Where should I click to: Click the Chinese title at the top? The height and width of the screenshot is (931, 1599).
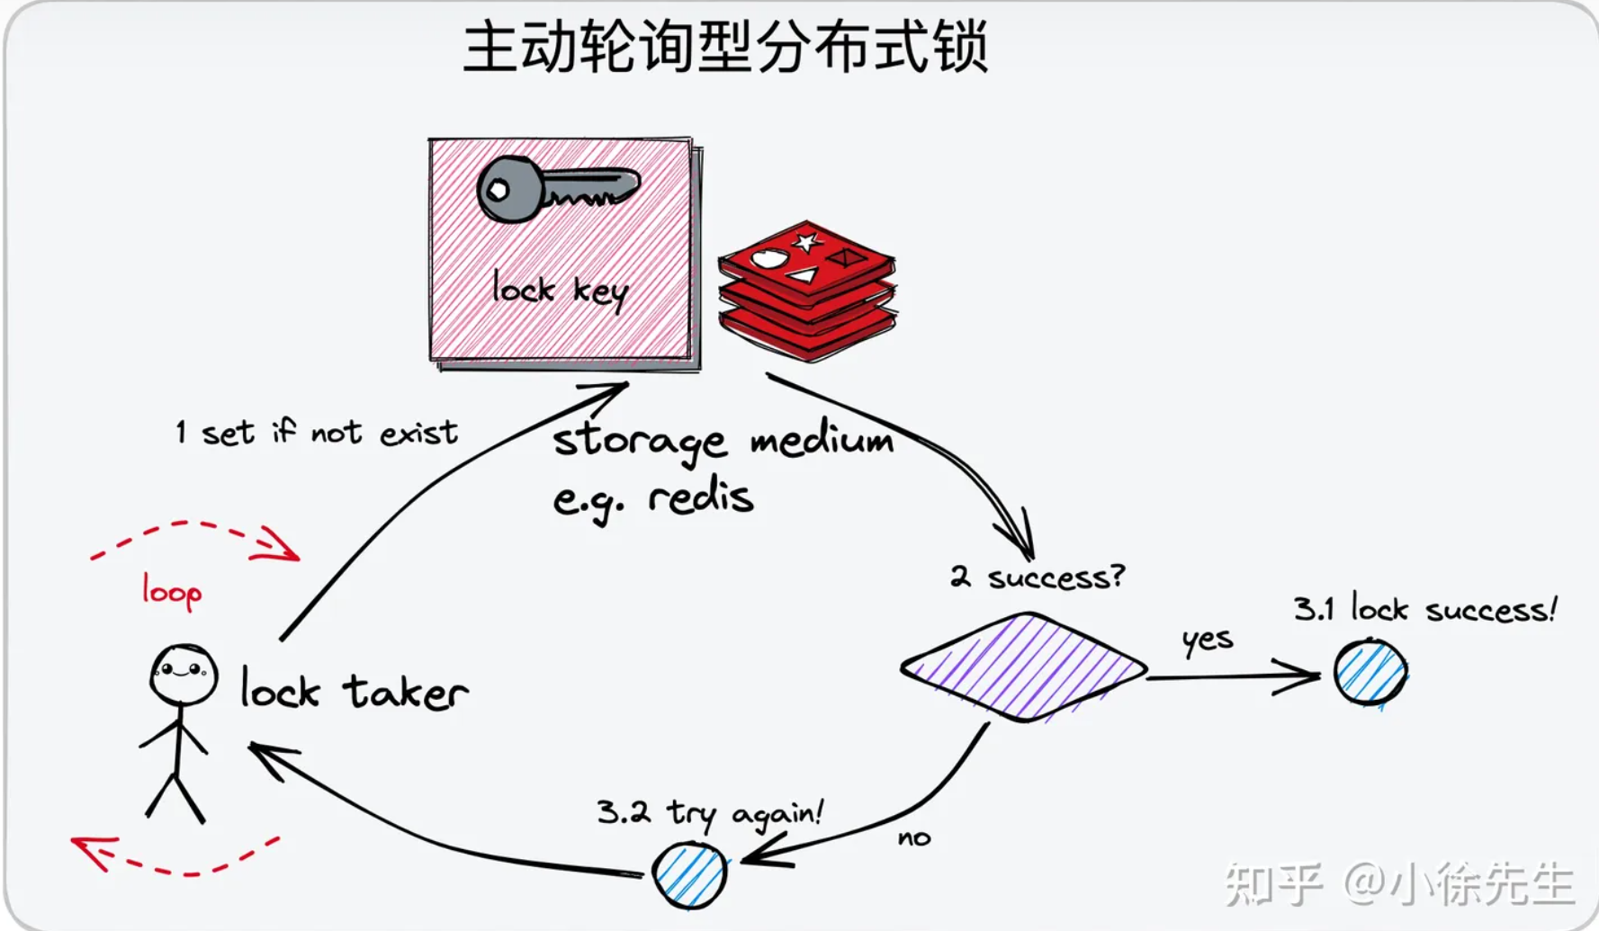[x=725, y=47]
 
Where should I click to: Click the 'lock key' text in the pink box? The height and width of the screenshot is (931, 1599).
[x=560, y=290]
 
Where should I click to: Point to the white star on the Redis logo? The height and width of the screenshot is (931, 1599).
[x=806, y=241]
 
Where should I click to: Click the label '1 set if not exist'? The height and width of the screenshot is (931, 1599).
[x=317, y=433]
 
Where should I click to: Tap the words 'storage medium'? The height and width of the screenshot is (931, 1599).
[x=723, y=441]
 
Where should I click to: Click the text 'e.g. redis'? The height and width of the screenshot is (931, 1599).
[x=652, y=497]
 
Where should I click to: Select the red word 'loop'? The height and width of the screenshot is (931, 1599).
[x=171, y=591]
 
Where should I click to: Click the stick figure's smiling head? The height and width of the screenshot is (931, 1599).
[x=184, y=674]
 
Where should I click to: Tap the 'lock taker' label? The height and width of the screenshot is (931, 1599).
[x=354, y=691]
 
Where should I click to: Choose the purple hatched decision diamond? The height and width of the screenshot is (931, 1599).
[x=1023, y=667]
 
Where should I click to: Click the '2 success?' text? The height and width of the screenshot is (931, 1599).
[x=1037, y=576]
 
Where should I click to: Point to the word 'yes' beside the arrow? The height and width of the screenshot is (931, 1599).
[x=1207, y=639]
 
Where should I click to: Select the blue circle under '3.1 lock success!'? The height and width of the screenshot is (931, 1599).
[x=1370, y=672]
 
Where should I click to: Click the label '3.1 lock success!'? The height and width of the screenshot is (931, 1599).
[x=1424, y=609]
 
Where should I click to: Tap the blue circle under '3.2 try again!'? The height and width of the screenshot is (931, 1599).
[x=689, y=874]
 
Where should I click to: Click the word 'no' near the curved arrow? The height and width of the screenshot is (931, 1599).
[x=913, y=838]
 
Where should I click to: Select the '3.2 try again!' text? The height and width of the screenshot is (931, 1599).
[x=709, y=812]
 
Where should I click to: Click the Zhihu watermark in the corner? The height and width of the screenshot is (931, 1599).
[x=1399, y=883]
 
